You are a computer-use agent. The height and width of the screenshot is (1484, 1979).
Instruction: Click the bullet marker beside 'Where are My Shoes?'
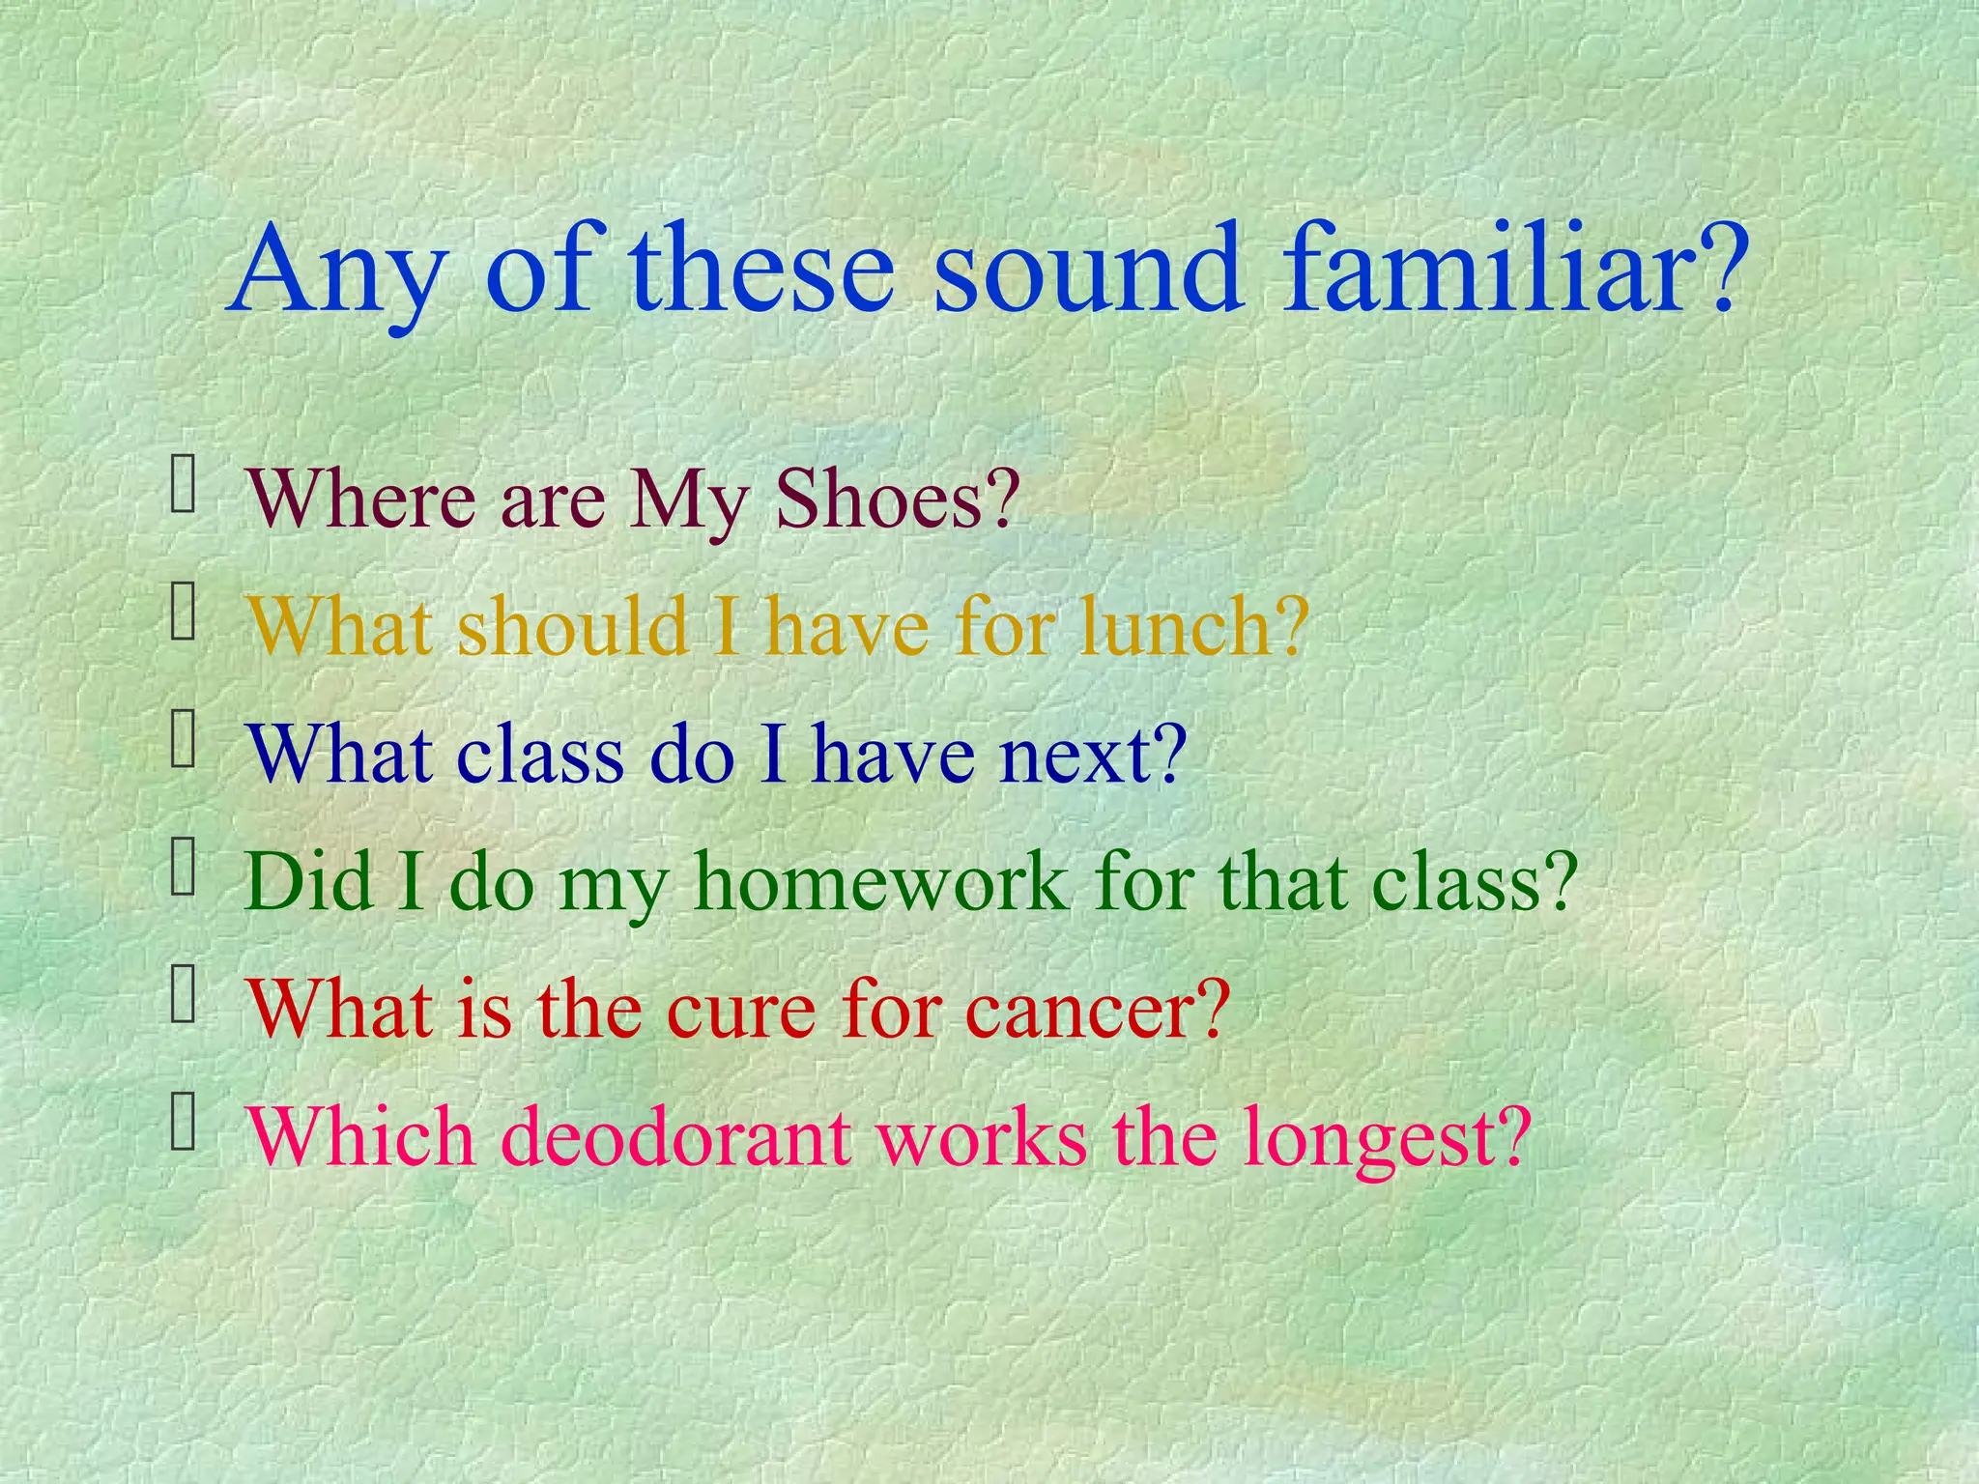[x=184, y=486]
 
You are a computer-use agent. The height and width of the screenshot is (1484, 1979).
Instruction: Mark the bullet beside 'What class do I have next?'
[x=184, y=741]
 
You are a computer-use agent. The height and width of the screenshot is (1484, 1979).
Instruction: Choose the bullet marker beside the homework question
[x=184, y=869]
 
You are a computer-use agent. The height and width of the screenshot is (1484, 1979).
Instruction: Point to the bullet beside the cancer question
[x=184, y=996]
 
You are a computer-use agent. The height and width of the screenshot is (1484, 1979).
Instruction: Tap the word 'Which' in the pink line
[x=361, y=1137]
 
